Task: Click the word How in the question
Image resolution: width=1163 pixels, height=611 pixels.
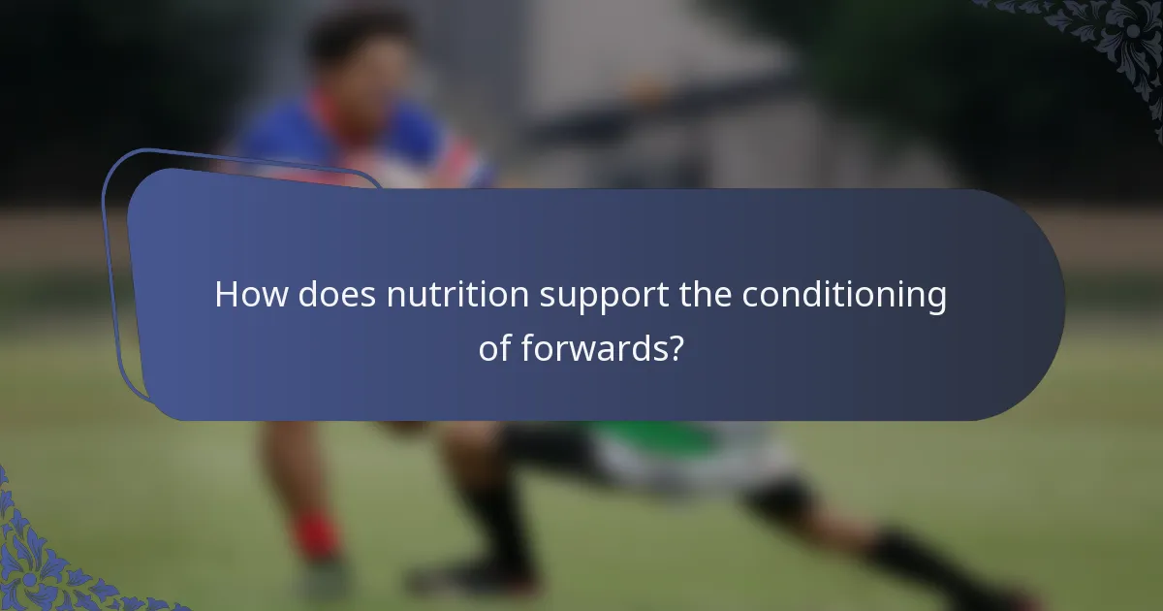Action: (251, 295)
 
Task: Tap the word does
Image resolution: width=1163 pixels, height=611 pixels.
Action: (335, 295)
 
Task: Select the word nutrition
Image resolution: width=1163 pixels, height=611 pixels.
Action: (456, 295)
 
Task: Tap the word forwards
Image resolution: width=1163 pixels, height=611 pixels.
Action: (590, 348)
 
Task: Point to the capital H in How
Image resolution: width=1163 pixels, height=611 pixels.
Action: (226, 295)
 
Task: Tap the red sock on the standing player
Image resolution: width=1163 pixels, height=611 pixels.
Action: (316, 536)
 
